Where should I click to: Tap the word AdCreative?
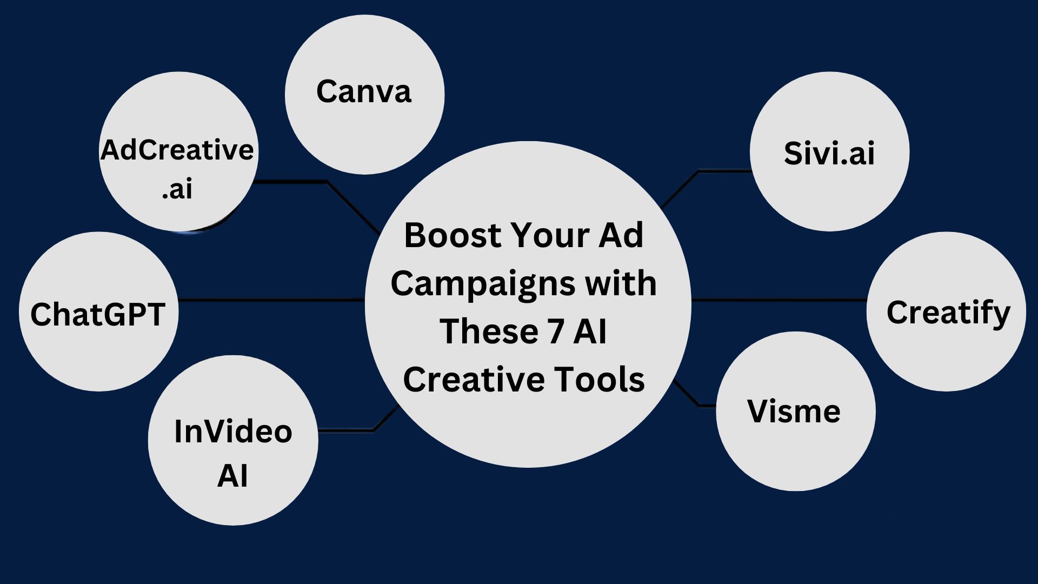[x=177, y=150]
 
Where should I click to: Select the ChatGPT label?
[x=98, y=314]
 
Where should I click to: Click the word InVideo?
[x=233, y=432]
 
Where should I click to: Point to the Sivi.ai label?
[x=829, y=153]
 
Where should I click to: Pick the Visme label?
[x=794, y=411]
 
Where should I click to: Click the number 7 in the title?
[x=556, y=331]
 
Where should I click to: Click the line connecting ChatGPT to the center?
[x=272, y=300]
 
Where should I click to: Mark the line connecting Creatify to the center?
[x=779, y=300]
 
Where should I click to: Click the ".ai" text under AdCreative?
[x=177, y=189]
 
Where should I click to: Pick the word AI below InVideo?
[x=232, y=476]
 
